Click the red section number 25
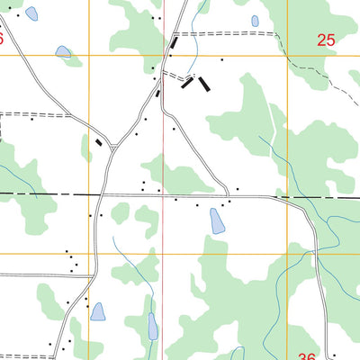coord(326,39)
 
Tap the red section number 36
coord(307,356)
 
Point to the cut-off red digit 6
coord(2,39)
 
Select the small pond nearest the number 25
coord(255,21)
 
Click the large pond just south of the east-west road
coord(217,220)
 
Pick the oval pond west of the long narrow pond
coord(97,311)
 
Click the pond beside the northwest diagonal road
coord(63,52)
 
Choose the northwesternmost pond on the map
coord(31,13)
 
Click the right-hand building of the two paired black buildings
coord(205,84)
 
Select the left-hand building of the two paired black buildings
coord(187,83)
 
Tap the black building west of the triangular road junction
coord(98,141)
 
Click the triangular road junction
coord(112,146)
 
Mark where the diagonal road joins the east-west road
coord(228,194)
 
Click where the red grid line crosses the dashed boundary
coord(163,194)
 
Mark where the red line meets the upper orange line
coord(163,56)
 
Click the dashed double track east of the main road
coord(225,33)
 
